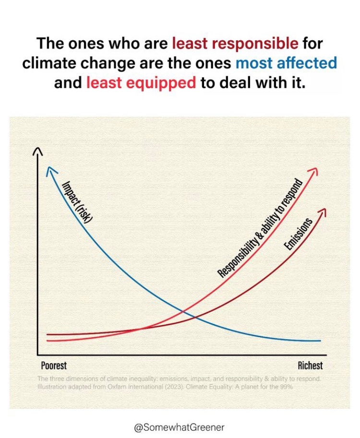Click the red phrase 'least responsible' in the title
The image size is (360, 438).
tap(235, 44)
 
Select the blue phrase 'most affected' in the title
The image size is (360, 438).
tap(286, 63)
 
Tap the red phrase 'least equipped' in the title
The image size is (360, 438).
tap(141, 82)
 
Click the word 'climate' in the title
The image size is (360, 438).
tap(52, 63)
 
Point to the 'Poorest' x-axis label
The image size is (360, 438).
tap(54, 365)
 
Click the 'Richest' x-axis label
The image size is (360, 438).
tap(310, 365)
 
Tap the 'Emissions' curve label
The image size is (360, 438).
tap(298, 234)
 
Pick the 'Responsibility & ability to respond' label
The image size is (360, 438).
tap(260, 229)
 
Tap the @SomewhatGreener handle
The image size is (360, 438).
tap(180, 426)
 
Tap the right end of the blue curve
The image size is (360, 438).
tap(319, 341)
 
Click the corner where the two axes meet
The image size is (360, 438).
tap(37, 353)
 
